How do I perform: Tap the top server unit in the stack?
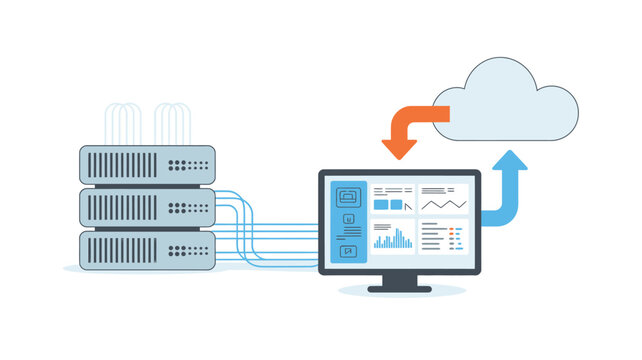tap(147, 164)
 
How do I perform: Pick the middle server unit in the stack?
tap(147, 207)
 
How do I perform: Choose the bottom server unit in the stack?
tap(147, 249)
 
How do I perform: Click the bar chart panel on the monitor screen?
tap(393, 236)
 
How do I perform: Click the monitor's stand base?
tap(400, 288)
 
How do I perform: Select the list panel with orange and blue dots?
tap(442, 236)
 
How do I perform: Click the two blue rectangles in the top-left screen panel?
tap(387, 204)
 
